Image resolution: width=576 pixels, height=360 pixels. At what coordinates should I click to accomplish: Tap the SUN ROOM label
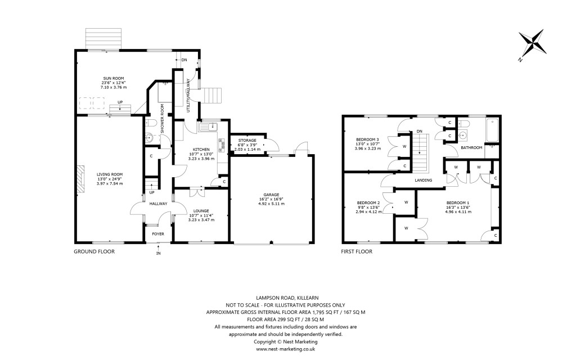(113, 78)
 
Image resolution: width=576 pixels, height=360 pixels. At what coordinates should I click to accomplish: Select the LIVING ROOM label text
(109, 174)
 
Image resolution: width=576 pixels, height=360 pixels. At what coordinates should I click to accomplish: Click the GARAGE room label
(272, 195)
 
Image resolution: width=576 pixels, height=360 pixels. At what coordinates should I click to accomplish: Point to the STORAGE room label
(247, 140)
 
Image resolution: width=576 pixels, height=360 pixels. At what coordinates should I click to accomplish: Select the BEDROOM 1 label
(458, 202)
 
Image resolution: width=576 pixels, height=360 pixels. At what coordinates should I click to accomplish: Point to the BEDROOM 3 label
(368, 139)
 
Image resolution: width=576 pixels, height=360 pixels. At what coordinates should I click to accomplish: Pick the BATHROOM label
(471, 148)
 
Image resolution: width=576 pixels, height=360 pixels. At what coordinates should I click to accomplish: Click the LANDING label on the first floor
(424, 180)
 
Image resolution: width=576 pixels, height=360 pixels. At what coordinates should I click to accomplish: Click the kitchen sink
(209, 126)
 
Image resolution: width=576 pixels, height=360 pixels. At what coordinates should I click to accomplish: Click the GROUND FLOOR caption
(94, 252)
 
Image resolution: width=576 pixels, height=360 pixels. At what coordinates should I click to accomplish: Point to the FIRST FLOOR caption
(357, 252)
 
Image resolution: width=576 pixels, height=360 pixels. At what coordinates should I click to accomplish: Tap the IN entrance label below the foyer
(159, 253)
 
